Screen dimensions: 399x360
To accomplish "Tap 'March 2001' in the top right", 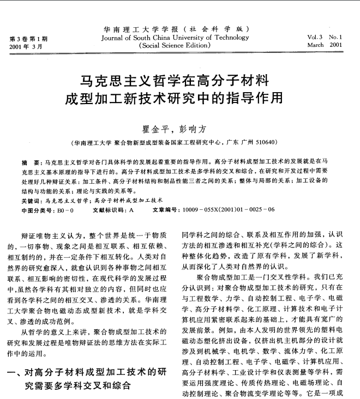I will pos(325,46).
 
